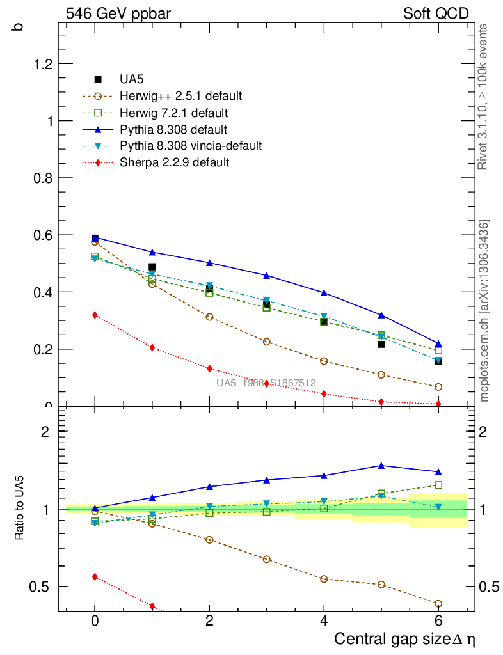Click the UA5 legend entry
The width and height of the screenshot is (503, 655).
tap(131, 79)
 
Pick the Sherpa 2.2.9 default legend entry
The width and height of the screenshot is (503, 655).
tap(174, 162)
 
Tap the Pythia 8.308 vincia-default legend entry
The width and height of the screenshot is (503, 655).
tap(191, 146)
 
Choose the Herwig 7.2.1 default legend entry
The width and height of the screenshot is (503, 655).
tap(174, 113)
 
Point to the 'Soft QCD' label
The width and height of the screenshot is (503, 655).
tap(436, 13)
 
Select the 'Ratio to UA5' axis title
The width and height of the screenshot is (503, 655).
tap(20, 509)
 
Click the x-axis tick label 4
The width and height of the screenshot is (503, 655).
tap(324, 621)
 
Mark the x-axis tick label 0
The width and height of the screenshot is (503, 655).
tap(95, 621)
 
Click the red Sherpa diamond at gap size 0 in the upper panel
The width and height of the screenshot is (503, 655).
tap(95, 315)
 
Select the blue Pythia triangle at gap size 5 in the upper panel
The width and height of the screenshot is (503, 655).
tap(381, 315)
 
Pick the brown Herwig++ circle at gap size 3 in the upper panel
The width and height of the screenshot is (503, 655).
tap(267, 342)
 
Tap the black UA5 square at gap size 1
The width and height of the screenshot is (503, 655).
tap(152, 267)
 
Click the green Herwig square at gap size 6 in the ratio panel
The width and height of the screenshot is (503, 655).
tap(438, 485)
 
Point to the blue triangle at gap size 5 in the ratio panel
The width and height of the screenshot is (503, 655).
tap(381, 466)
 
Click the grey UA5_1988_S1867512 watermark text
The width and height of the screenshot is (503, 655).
tap(266, 383)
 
